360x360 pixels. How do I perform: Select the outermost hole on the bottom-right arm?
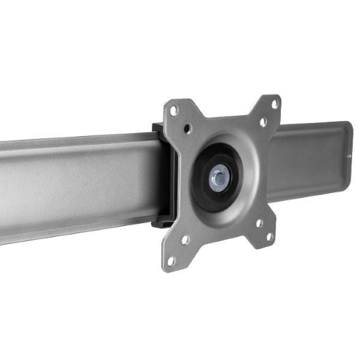point(269,236)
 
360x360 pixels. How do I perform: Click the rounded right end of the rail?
point(347,148)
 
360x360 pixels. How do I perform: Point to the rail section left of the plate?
point(72,184)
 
